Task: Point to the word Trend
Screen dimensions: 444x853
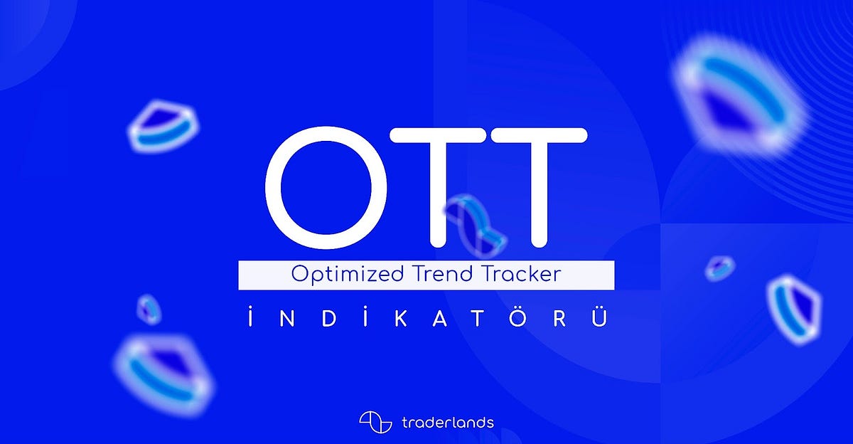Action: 442,275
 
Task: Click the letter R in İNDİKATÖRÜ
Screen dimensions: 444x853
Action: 561,317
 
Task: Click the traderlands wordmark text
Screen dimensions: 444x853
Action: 448,421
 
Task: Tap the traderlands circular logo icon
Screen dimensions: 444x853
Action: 376,421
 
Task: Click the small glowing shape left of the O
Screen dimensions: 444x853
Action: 164,127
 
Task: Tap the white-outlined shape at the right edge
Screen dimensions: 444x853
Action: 794,304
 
